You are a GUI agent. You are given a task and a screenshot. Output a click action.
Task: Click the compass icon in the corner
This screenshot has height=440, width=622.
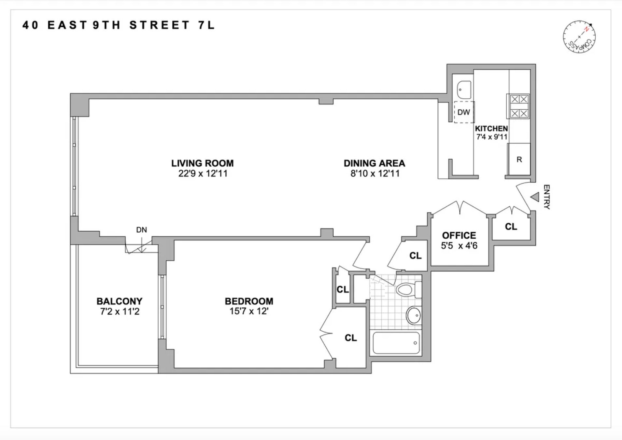click(579, 37)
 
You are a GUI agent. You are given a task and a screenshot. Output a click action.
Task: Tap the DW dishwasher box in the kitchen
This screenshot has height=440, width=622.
click(464, 112)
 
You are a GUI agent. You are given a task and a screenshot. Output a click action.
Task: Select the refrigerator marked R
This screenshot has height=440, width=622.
click(519, 159)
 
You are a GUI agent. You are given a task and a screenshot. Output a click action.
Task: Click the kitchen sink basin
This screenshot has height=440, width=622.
click(463, 89)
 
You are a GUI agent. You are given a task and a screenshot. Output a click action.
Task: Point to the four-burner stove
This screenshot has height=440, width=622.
click(519, 106)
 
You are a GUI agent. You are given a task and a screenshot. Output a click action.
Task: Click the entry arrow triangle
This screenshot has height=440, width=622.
click(535, 197)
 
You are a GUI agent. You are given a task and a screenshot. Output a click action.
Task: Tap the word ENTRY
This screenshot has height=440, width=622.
click(547, 197)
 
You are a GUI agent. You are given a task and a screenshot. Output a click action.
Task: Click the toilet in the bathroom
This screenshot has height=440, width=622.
click(408, 289)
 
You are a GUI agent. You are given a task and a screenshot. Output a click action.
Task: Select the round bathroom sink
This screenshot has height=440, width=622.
click(414, 315)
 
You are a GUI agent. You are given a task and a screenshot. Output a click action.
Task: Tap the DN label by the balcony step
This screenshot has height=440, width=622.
click(141, 230)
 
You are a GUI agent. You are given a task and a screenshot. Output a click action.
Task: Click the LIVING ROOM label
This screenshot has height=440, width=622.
click(202, 163)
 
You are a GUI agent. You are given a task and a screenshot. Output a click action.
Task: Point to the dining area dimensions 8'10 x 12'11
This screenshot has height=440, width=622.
click(375, 173)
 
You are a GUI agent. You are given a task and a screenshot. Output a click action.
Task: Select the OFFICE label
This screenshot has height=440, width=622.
click(459, 235)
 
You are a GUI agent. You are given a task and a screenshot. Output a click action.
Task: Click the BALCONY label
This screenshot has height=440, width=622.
click(120, 301)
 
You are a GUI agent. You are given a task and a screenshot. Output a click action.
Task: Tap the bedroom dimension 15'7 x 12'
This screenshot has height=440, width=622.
click(248, 311)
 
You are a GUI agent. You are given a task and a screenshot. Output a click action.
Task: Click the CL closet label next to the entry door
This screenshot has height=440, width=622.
click(511, 227)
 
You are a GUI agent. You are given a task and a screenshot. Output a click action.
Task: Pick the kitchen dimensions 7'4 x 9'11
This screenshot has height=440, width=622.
click(492, 137)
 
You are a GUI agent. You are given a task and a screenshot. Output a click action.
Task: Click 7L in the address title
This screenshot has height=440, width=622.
click(206, 25)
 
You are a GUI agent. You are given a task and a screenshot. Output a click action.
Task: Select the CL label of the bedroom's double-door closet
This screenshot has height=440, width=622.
click(350, 338)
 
